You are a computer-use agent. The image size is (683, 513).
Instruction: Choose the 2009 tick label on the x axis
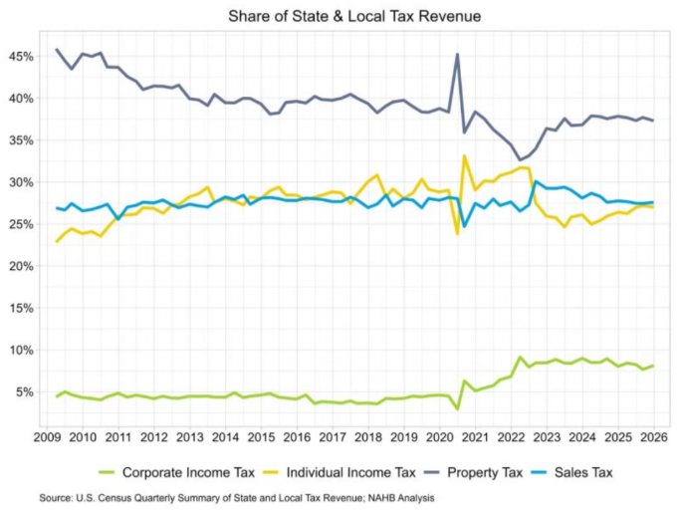(x=48, y=437)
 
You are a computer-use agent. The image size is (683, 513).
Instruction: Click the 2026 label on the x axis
(x=654, y=437)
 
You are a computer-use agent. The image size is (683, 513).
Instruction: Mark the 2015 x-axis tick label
(x=262, y=437)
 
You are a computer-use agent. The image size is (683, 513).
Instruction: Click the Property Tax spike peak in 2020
(x=457, y=54)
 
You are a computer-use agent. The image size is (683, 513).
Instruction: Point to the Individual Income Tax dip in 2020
(x=457, y=233)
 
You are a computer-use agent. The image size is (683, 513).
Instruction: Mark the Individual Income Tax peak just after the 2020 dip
(x=465, y=155)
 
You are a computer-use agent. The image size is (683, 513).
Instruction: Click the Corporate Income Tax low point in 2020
(x=457, y=408)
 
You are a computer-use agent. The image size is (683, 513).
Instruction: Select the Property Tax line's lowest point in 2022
(x=520, y=159)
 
